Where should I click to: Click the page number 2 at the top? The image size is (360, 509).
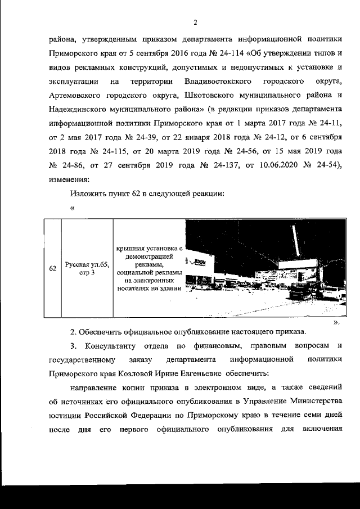(x=195, y=22)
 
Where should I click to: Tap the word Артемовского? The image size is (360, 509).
(x=77, y=96)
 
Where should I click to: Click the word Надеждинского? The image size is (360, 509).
(x=80, y=110)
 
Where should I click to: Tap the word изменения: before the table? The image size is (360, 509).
(x=66, y=179)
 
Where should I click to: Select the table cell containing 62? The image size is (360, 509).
(x=52, y=268)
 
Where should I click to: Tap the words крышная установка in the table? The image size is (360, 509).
(x=150, y=248)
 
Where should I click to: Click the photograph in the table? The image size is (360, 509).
(x=264, y=269)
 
